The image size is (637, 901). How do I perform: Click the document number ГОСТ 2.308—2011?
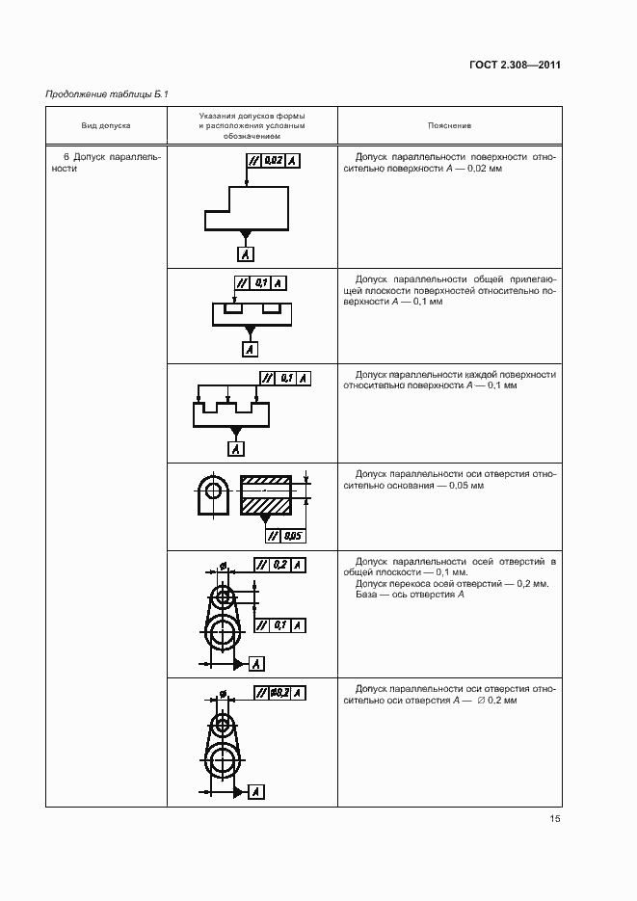pos(516,66)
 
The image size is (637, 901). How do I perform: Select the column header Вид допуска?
pos(106,125)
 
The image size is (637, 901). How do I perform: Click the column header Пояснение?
pos(449,125)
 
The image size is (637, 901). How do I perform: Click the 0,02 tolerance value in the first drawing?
pos(272,161)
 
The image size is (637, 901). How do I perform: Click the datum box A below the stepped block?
pos(247,254)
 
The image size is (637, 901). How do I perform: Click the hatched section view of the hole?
pos(265,496)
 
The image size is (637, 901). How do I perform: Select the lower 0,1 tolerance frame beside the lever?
pos(280,625)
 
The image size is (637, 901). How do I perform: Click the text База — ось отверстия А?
pos(407,595)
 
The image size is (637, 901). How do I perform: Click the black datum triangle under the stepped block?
pos(247,234)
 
